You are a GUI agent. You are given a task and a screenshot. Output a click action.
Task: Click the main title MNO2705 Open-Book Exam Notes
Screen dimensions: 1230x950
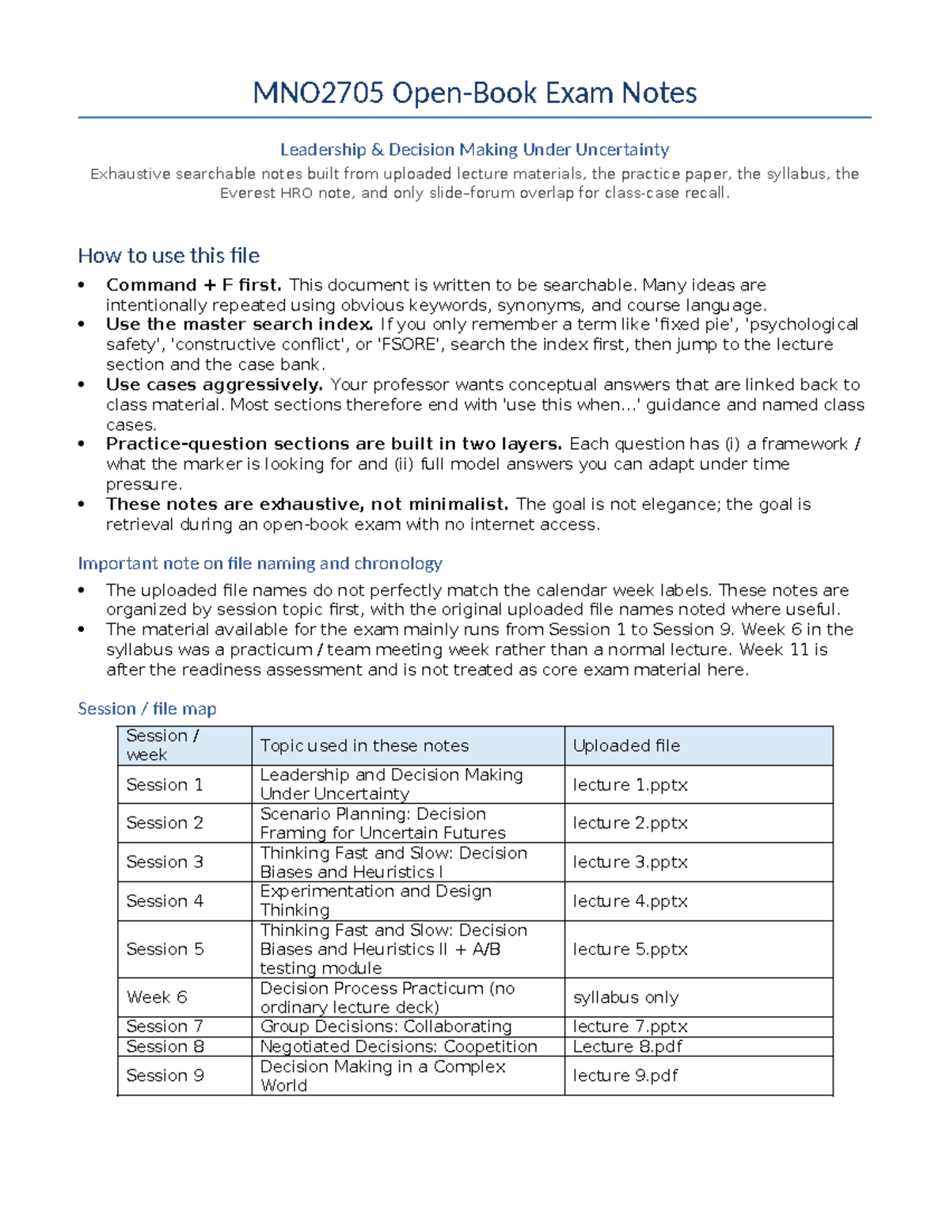474,93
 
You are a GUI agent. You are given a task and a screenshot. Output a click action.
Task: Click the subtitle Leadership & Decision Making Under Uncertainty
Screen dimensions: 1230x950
474,150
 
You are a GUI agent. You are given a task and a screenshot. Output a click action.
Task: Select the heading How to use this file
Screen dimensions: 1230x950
169,256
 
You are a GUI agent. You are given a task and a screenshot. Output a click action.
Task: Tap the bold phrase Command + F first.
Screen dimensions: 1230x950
193,285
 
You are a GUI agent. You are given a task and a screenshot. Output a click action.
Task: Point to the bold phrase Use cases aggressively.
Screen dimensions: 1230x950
214,385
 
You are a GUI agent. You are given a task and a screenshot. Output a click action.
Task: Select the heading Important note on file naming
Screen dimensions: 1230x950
260,563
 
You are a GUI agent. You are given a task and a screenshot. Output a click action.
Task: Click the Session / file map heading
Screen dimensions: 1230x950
146,709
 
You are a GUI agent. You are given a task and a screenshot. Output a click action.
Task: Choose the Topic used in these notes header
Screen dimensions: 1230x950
364,746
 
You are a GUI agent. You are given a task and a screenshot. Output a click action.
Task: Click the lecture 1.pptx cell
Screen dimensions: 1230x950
630,785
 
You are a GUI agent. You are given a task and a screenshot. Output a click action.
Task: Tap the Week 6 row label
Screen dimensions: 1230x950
157,997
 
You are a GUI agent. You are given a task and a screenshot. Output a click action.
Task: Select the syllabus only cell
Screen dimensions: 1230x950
625,997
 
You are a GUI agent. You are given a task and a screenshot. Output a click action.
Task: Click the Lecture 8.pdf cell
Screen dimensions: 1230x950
628,1046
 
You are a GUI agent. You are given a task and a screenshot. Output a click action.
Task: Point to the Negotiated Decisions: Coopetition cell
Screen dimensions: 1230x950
398,1046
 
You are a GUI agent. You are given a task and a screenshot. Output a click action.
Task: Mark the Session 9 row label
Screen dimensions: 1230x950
165,1076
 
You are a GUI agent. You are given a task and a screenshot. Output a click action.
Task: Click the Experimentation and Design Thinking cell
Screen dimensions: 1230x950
375,901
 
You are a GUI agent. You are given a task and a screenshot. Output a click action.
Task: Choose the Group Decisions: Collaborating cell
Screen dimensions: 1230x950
386,1026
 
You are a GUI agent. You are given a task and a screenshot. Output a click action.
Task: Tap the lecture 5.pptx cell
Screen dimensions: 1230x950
630,949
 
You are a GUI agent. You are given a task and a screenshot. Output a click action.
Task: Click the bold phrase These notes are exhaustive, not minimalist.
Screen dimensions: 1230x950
307,505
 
